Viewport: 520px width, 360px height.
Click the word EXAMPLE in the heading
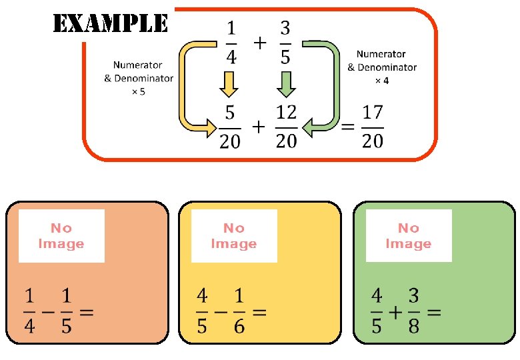[x=110, y=25]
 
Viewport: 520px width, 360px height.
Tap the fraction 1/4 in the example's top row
[x=231, y=43]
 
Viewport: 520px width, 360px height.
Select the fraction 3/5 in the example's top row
[x=285, y=43]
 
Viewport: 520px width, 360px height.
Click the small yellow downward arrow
[x=229, y=85]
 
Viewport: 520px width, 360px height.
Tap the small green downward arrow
[x=286, y=85]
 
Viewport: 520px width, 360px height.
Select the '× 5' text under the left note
[x=138, y=91]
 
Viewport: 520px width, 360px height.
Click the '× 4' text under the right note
[x=381, y=80]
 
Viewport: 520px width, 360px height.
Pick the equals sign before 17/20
[x=347, y=127]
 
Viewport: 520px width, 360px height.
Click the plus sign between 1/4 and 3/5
[x=259, y=43]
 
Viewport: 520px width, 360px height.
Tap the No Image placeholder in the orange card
[x=61, y=236]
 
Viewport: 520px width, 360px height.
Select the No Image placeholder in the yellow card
[x=234, y=236]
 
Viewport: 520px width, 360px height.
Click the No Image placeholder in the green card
[x=409, y=236]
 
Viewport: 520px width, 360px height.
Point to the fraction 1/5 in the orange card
[x=67, y=312]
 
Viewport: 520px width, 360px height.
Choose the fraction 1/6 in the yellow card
[x=239, y=312]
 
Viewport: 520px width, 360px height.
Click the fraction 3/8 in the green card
[x=414, y=312]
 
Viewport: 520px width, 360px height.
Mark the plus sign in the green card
[x=395, y=312]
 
